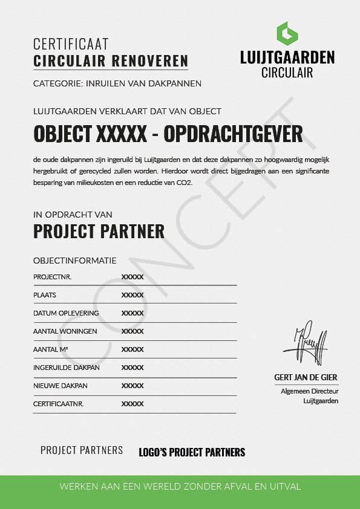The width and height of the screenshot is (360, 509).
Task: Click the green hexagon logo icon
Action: (x=287, y=34)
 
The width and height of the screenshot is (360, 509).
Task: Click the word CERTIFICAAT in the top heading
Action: (x=71, y=44)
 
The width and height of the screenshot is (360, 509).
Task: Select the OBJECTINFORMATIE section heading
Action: (x=74, y=261)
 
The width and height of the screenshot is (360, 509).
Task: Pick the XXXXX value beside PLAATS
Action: (x=133, y=295)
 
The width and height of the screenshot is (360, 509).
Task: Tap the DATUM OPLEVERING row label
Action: (x=66, y=313)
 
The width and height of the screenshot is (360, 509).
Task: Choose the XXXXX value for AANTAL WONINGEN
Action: (x=133, y=331)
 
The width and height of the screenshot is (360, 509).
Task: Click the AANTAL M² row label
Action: (x=50, y=349)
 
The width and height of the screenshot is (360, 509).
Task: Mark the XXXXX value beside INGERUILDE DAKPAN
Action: (x=133, y=368)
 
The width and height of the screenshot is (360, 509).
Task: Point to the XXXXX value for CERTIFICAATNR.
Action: (x=133, y=404)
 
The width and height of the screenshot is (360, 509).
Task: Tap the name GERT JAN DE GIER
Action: (x=306, y=377)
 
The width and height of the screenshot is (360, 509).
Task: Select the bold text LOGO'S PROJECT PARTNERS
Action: (x=192, y=452)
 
